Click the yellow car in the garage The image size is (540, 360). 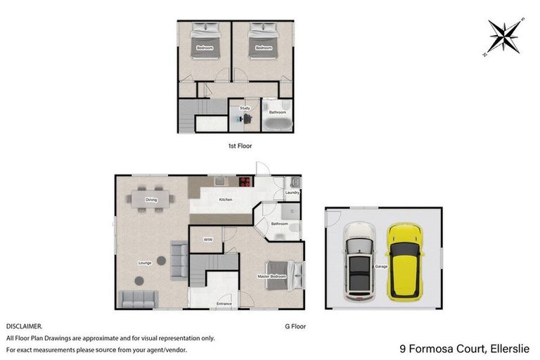click(405, 261)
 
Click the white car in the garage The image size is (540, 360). click(359, 261)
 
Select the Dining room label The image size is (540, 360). click(151, 200)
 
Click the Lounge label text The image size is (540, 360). click(145, 263)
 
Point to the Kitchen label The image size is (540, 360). click(225, 200)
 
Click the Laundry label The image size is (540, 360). click(292, 192)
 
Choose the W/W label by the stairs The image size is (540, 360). click(208, 240)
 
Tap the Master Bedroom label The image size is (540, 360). click(272, 277)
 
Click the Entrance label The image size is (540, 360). click(224, 304)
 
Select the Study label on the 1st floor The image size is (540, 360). click(245, 108)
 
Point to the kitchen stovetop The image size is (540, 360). click(245, 181)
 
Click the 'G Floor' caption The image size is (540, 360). click(295, 326)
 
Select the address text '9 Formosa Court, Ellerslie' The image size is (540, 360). click(464, 347)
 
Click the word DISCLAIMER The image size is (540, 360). click(24, 326)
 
